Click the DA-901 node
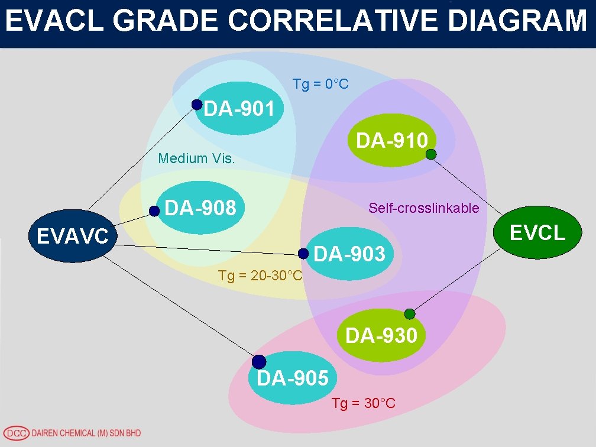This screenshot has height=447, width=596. (x=239, y=109)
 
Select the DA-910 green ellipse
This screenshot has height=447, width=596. (x=392, y=140)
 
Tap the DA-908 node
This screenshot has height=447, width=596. (x=201, y=208)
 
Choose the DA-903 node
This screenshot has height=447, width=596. (x=350, y=254)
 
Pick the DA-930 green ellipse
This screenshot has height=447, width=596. (x=381, y=335)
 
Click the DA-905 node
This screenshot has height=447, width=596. (x=293, y=377)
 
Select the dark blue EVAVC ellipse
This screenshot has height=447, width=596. (x=73, y=236)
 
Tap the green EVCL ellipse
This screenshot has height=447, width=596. (x=537, y=232)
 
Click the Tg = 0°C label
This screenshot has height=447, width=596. (x=320, y=84)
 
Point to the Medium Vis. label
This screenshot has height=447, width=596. (x=197, y=158)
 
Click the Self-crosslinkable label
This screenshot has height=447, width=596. (x=423, y=208)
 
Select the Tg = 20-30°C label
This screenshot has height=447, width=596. (x=260, y=276)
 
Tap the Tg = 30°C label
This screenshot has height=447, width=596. (x=363, y=403)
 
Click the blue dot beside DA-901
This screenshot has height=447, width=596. (x=197, y=105)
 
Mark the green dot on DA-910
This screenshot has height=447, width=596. (x=431, y=154)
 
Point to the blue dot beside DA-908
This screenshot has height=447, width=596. (x=154, y=210)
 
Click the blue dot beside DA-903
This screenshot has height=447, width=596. (x=303, y=254)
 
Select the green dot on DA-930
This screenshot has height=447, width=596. (x=409, y=314)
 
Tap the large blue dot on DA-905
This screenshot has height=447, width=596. (x=259, y=361)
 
